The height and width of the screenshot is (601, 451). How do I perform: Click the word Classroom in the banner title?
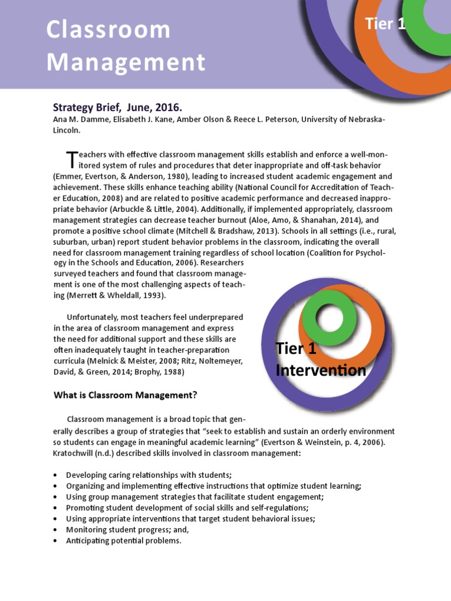point(109,29)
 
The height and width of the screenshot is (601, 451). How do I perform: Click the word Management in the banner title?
point(126,62)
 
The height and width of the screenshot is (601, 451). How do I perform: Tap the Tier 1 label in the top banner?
point(385,24)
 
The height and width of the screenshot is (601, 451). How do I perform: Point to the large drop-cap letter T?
point(71,159)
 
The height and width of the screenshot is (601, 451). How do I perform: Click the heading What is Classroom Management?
point(125,395)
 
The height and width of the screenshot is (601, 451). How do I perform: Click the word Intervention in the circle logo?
point(321,370)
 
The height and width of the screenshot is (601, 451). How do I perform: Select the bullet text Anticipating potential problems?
point(123,541)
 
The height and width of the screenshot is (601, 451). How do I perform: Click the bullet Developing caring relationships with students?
point(149,475)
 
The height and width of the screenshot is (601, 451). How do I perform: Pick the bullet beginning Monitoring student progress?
point(127,529)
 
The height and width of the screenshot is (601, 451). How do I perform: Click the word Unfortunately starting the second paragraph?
point(94,318)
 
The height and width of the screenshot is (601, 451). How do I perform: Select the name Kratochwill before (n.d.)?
point(76,453)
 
